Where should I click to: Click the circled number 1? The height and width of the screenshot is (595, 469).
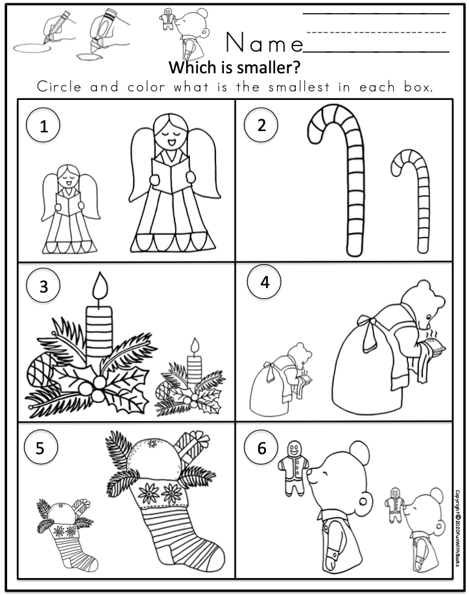[43, 126]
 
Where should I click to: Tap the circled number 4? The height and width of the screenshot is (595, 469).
[264, 282]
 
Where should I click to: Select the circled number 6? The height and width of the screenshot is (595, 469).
[261, 448]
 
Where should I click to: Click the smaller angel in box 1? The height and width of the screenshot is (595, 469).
[70, 209]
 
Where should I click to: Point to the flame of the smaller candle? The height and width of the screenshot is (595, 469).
[195, 346]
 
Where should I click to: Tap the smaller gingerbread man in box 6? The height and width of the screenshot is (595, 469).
[394, 504]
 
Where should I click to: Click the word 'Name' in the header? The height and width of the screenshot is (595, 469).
[264, 43]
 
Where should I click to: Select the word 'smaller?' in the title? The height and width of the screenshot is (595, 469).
[267, 67]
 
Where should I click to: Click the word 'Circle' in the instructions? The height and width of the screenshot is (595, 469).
[59, 87]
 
